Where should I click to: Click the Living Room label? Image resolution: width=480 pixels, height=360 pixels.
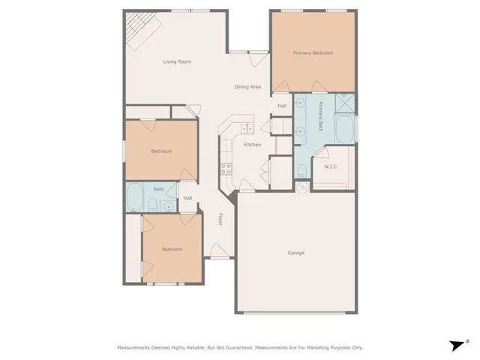click(x=177, y=61)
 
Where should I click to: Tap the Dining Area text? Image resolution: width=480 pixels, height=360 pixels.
click(x=247, y=88)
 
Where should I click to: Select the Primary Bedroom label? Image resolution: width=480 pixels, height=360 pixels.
click(x=313, y=53)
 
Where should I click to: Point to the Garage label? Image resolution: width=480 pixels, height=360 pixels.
click(x=296, y=253)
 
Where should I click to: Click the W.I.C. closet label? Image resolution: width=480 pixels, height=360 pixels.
click(x=331, y=166)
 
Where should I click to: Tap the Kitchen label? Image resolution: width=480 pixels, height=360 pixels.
click(x=252, y=144)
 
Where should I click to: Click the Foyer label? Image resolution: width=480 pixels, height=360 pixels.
click(x=220, y=220)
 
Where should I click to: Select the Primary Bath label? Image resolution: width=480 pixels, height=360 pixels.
click(x=320, y=117)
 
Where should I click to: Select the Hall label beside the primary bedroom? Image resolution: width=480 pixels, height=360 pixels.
click(x=282, y=106)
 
